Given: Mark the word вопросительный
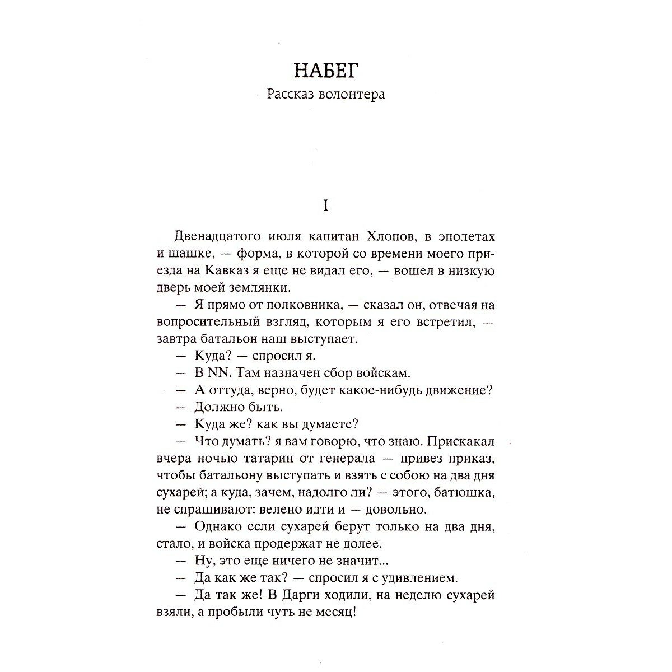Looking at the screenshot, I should coord(210,323).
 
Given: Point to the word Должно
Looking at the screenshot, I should coord(220,407).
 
